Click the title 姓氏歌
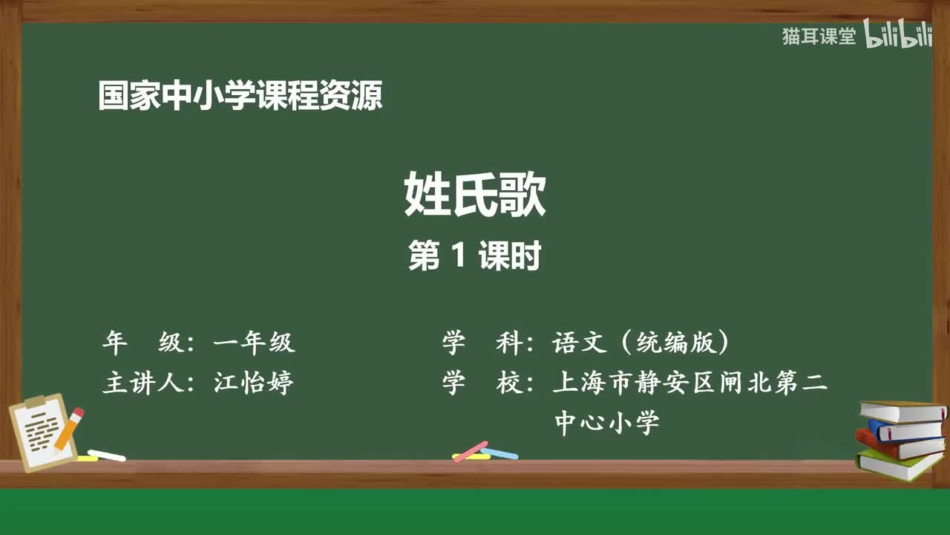click(475, 195)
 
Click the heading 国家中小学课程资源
click(240, 97)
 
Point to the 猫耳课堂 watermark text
click(819, 36)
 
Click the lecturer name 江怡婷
click(253, 383)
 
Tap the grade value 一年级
click(253, 343)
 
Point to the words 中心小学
click(606, 423)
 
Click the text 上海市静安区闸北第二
click(689, 383)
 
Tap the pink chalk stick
click(471, 451)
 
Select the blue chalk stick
click(499, 453)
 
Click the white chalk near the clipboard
click(107, 455)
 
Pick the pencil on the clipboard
click(68, 429)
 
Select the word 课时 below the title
click(509, 256)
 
